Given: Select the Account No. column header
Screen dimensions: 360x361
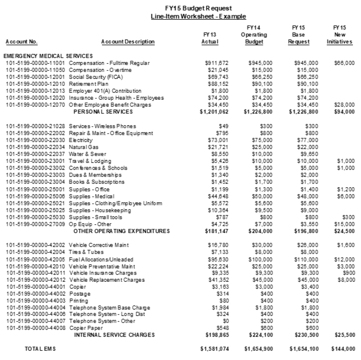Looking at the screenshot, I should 22,42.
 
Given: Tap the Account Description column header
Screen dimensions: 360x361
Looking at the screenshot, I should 128,42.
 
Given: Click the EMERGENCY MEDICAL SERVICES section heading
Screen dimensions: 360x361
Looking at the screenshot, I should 48,56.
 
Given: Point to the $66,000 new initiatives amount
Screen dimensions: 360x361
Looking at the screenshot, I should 344,63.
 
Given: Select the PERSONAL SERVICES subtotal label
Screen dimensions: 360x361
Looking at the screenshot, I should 103,112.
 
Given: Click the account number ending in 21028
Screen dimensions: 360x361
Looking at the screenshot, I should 37,126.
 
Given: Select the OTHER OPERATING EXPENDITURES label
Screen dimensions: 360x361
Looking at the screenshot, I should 121,231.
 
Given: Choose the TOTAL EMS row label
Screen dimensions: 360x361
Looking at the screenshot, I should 40,349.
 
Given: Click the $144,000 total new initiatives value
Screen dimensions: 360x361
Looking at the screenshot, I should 343,349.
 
